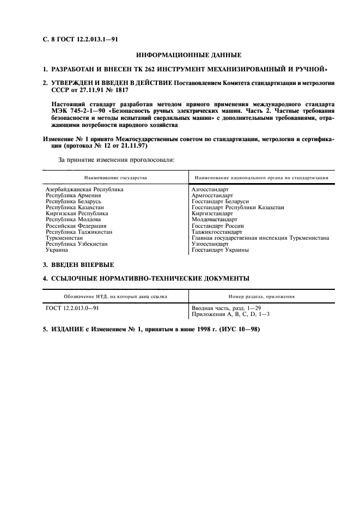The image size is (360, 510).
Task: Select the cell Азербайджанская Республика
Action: tap(84, 189)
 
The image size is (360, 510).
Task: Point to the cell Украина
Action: tap(57, 250)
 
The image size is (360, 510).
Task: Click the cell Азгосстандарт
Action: tap(210, 189)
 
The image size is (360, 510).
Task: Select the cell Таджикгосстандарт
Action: tap(217, 232)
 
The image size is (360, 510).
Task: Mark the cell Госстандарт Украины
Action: tap(220, 250)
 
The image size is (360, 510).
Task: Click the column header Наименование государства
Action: tap(115, 178)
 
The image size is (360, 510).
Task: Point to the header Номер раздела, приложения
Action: tap(261, 297)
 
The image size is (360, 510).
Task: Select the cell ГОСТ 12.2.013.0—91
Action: tap(72, 308)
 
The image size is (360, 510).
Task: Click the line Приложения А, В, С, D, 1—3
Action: tap(230, 315)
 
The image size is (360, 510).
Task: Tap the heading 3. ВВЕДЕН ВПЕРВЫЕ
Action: tap(78, 265)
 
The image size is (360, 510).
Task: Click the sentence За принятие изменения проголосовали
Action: tap(117, 160)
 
